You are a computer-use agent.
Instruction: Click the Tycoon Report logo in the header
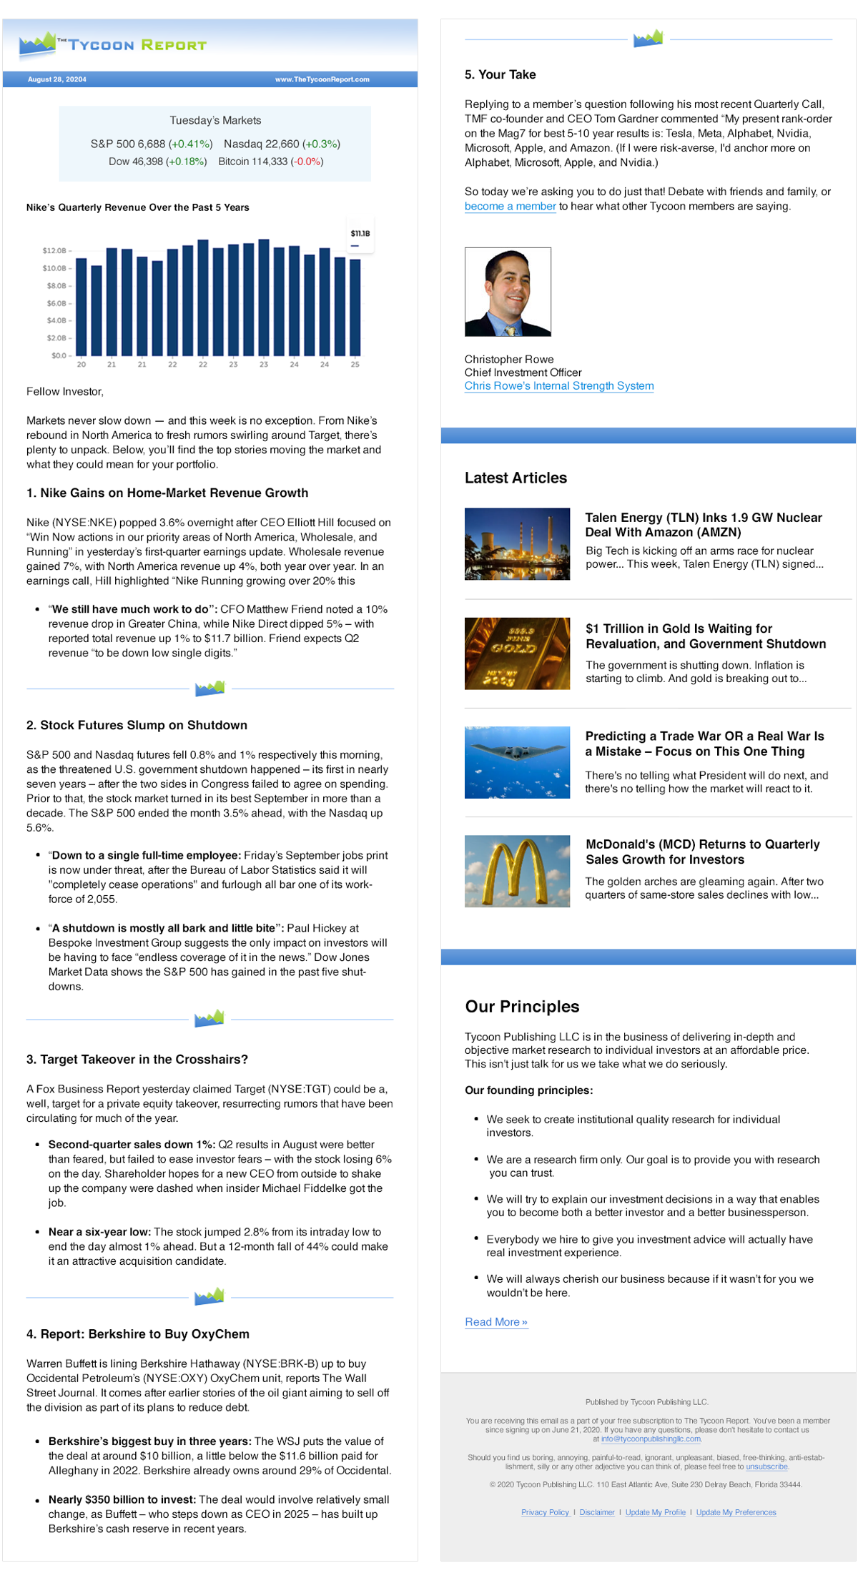(x=112, y=44)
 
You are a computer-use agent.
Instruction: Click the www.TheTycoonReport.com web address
(x=322, y=79)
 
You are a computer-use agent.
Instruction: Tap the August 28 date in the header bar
(x=57, y=79)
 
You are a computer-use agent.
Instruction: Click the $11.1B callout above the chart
(x=360, y=234)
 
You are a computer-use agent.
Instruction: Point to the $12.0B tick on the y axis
(x=54, y=251)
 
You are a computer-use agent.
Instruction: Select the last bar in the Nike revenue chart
(x=355, y=307)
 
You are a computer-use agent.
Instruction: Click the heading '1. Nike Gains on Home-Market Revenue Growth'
(x=167, y=493)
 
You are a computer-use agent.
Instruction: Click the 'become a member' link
(x=510, y=206)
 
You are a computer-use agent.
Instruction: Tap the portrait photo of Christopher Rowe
(x=508, y=292)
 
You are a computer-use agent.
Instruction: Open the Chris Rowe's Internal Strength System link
(x=558, y=386)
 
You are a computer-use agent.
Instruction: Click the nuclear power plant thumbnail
(x=517, y=543)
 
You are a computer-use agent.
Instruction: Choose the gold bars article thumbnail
(x=517, y=654)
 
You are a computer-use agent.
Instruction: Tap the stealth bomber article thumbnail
(x=517, y=762)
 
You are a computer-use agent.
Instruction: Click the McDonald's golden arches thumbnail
(x=517, y=871)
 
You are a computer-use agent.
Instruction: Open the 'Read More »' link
(x=495, y=1322)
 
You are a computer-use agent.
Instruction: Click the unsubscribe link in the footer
(x=766, y=1466)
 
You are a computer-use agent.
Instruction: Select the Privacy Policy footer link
(x=545, y=1512)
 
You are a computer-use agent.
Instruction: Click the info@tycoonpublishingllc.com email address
(x=650, y=1439)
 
